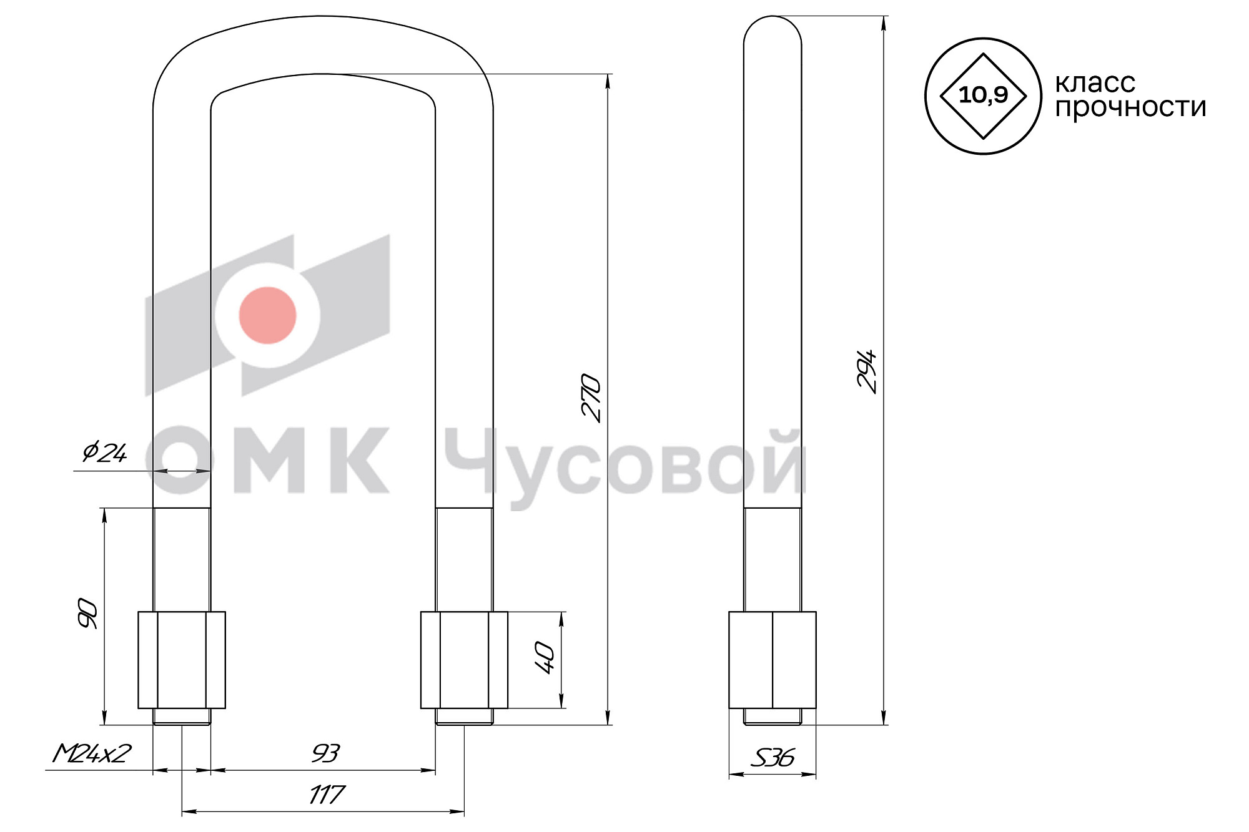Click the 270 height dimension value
(x=591, y=398)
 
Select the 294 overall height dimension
(x=867, y=371)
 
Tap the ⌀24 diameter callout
(x=105, y=451)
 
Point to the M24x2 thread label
(x=92, y=753)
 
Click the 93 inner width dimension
(x=325, y=753)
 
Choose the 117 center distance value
(x=327, y=795)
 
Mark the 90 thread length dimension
(x=87, y=613)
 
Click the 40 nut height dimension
(x=545, y=658)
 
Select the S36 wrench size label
(x=773, y=758)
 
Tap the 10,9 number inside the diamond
(x=983, y=95)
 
